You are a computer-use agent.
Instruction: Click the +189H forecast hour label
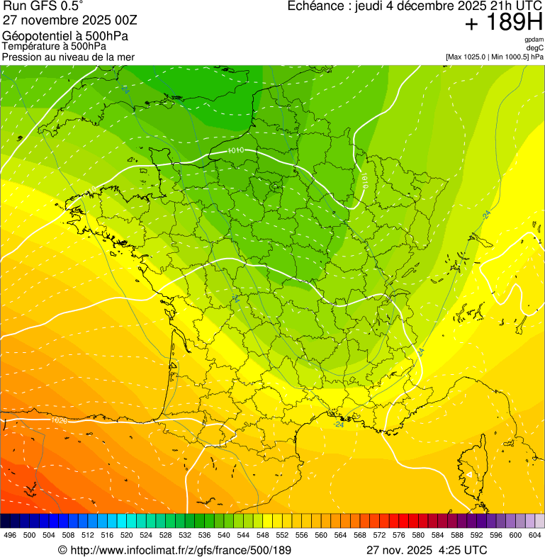coord(504,23)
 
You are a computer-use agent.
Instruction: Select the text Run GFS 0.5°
coord(43,8)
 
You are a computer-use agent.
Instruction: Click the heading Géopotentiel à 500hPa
coord(65,36)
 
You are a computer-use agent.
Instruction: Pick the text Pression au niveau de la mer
coord(68,57)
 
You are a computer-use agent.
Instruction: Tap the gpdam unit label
coord(534,40)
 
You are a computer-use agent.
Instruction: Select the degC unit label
coord(534,47)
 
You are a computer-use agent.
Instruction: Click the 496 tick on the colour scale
coord(10,536)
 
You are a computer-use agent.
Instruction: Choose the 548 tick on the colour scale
coord(262,536)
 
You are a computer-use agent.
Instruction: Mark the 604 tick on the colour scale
coord(534,536)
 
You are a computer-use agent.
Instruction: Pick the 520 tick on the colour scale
coord(126,536)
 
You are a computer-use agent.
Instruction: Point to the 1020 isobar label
coord(60,420)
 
